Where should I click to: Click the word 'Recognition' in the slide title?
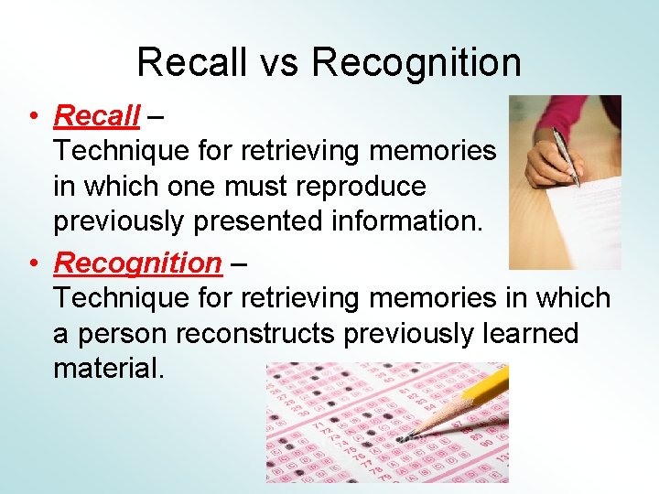416,63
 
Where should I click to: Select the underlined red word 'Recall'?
97,116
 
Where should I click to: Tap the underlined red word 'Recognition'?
137,263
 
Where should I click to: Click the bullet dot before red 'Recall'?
32,117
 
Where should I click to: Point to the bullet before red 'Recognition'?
32,264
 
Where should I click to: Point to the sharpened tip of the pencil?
408,434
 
